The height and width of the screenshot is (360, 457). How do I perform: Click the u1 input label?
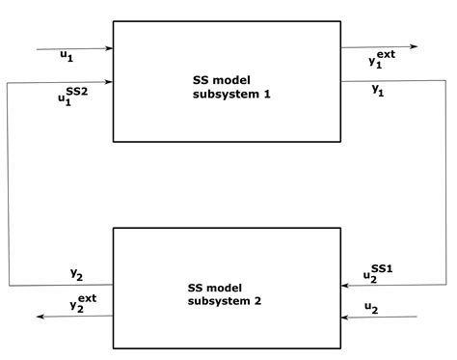coord(66,57)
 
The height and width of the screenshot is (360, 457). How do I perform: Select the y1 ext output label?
coord(382,59)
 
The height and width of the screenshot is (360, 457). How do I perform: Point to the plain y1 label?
coord(379,89)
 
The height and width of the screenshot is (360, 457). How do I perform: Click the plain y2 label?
coord(76,275)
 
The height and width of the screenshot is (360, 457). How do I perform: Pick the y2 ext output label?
coord(83,302)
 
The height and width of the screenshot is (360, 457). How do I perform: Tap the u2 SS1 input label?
coord(375,272)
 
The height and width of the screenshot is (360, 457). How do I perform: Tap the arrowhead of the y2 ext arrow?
coord(39,317)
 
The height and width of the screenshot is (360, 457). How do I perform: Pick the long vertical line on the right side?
coord(445,183)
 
